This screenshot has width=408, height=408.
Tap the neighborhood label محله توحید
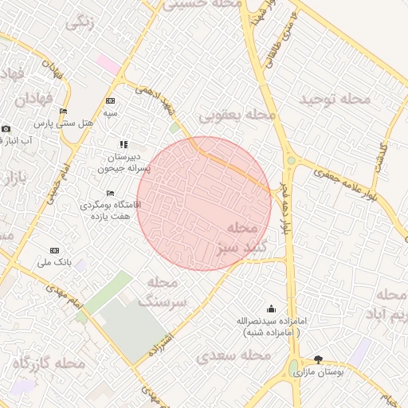pyautogui.click(x=335, y=99)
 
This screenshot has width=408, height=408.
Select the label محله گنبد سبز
pyautogui.click(x=232, y=237)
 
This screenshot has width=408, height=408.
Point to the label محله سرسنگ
pyautogui.click(x=163, y=292)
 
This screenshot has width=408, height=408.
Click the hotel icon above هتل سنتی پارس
pyautogui.click(x=64, y=112)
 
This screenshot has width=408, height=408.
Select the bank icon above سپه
pyautogui.click(x=110, y=101)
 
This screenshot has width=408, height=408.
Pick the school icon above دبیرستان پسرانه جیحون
pyautogui.click(x=124, y=144)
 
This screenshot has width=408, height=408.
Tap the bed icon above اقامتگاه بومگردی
pyautogui.click(x=110, y=194)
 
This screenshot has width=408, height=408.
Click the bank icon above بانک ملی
pyautogui.click(x=54, y=250)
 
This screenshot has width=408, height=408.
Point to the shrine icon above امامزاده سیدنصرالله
pyautogui.click(x=271, y=308)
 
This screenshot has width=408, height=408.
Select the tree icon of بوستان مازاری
pyautogui.click(x=319, y=360)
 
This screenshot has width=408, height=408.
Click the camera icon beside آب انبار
pyautogui.click(x=6, y=129)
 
